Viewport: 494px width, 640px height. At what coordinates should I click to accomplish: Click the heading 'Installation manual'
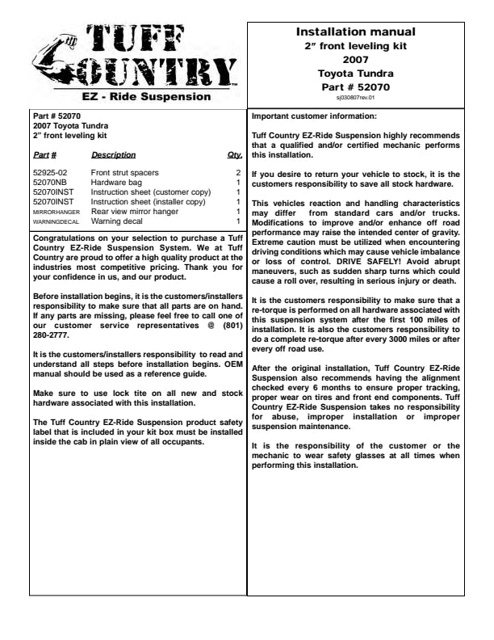(x=355, y=32)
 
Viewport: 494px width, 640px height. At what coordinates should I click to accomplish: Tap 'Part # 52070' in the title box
(x=355, y=86)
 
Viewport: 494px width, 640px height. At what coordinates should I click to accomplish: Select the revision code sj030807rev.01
(x=355, y=98)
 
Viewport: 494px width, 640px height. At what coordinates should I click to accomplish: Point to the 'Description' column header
(x=113, y=155)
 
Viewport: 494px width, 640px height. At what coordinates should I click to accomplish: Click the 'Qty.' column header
(x=235, y=155)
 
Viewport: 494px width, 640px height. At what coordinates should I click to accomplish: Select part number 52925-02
(x=50, y=173)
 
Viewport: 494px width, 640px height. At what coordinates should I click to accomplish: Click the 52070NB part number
(x=49, y=183)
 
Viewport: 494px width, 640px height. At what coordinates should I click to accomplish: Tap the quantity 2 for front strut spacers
(x=238, y=173)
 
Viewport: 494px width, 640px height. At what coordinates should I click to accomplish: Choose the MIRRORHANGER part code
(x=57, y=212)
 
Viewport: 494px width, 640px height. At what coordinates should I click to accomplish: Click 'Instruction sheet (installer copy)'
(x=149, y=202)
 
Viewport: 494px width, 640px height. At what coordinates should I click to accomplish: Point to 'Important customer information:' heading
(x=314, y=116)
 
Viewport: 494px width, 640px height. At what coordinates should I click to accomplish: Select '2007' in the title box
(x=355, y=60)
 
